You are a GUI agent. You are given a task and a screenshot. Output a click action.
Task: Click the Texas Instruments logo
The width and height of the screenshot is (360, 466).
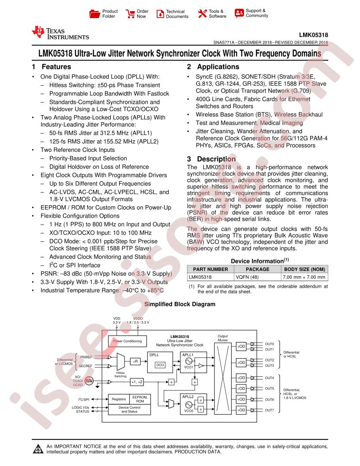(x=60, y=33)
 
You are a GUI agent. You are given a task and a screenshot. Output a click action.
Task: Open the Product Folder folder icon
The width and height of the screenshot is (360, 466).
(x=95, y=14)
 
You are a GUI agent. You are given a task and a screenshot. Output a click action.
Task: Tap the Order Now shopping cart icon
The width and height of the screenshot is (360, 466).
(x=130, y=14)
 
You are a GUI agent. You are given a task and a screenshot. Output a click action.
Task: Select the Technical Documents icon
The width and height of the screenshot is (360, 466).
(x=161, y=14)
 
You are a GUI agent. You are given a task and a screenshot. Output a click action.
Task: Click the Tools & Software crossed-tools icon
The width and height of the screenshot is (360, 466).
(x=202, y=13)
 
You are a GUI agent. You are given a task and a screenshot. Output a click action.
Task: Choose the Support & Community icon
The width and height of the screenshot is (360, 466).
(x=239, y=13)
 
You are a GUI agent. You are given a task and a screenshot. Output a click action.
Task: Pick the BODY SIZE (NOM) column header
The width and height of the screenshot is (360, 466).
(x=304, y=269)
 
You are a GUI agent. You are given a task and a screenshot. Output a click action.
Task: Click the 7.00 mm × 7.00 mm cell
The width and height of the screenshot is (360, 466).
(x=304, y=277)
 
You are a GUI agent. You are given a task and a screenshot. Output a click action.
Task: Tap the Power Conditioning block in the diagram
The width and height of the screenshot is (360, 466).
(x=127, y=341)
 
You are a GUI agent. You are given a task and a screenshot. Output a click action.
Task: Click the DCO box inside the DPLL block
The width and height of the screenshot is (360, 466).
(x=160, y=365)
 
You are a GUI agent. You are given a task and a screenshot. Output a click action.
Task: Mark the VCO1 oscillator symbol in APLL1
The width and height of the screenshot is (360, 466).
(x=189, y=361)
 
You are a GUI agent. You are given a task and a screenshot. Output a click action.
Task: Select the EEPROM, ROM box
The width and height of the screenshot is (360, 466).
(x=140, y=399)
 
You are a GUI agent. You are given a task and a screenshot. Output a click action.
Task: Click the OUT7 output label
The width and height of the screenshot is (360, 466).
(x=270, y=410)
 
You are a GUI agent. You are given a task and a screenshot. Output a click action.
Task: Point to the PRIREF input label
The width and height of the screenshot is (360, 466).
(x=86, y=357)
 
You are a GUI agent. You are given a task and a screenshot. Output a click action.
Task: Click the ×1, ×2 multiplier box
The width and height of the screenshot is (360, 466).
(x=137, y=382)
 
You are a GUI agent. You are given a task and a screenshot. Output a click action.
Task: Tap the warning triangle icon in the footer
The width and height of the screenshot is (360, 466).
(x=38, y=449)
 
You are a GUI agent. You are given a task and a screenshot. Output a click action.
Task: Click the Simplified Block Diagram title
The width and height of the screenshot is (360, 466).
(x=180, y=304)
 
